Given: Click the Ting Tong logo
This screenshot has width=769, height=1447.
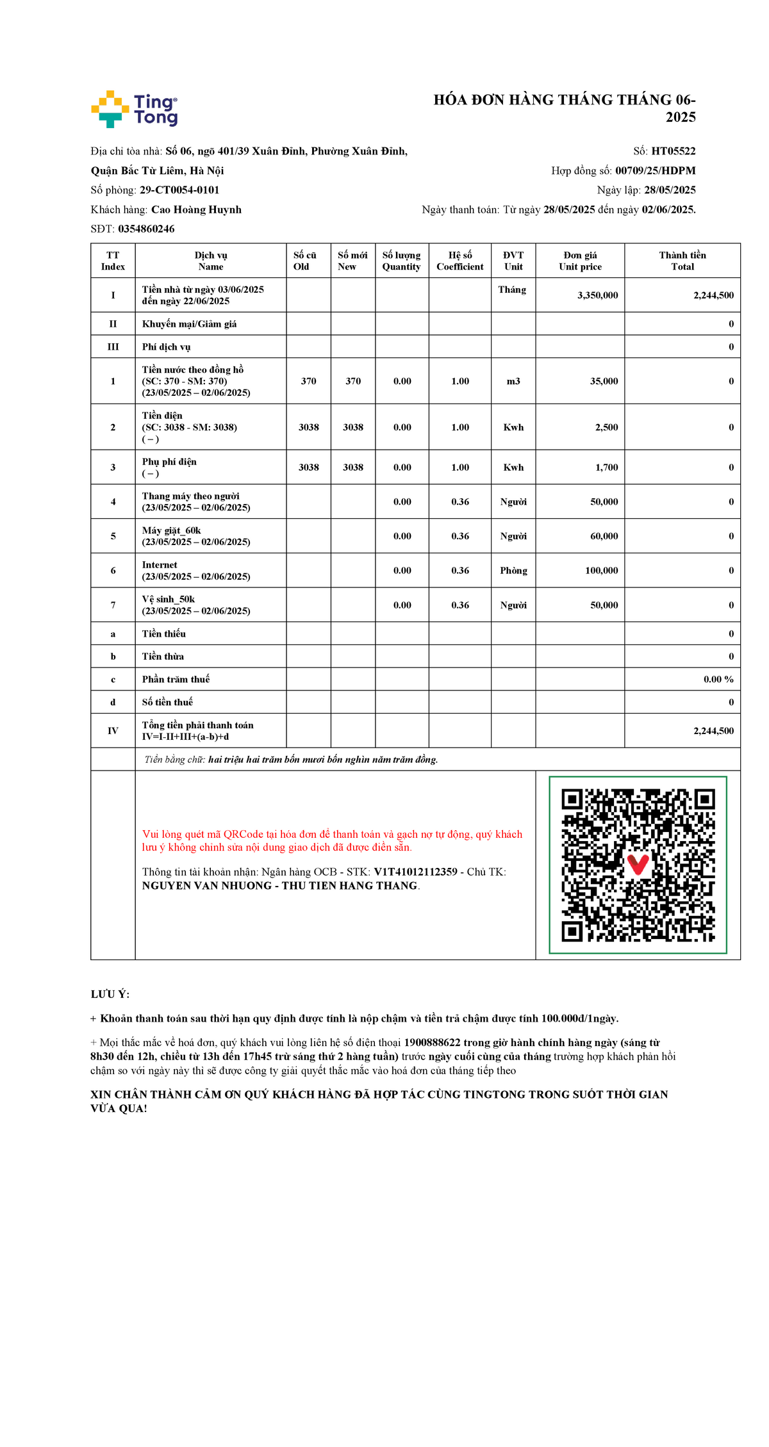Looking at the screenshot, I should coord(135,109).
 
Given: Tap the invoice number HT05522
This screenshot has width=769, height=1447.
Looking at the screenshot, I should coord(673,151).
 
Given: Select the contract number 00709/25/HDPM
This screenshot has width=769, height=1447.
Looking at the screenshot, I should coord(655,170).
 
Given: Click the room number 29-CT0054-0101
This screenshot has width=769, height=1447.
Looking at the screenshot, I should coord(179,190).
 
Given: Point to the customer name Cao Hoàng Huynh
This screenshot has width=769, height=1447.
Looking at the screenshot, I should coord(196,209).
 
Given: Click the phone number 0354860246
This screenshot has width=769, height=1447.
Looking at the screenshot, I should coord(146,229).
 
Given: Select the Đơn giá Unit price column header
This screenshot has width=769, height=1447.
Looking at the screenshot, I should coord(580,261).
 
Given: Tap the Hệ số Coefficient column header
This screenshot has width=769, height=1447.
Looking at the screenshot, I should coord(460,261).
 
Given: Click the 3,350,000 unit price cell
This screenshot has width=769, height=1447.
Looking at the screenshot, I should coord(597,295).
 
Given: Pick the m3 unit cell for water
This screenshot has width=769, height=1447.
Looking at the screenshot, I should coord(513,381).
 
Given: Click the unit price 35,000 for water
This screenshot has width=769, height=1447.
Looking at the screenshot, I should coord(604,381).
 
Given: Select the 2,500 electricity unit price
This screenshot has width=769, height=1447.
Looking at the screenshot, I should coord(606,427).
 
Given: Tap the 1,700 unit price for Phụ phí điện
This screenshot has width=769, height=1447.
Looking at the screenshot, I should coord(606,468).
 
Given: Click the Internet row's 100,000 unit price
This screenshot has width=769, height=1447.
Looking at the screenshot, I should coord(601,571).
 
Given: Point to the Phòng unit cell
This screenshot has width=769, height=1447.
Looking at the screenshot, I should coord(513,571).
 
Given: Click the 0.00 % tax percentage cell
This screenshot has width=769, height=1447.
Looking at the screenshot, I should coord(718,680).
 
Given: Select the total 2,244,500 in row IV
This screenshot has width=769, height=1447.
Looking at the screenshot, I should coord(713,731).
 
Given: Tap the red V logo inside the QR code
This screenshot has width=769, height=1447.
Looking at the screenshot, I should coord(638,864).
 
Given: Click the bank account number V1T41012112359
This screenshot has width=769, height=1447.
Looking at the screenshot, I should coord(415,872).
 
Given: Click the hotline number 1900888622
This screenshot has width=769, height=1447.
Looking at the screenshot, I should coord(431,1043).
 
